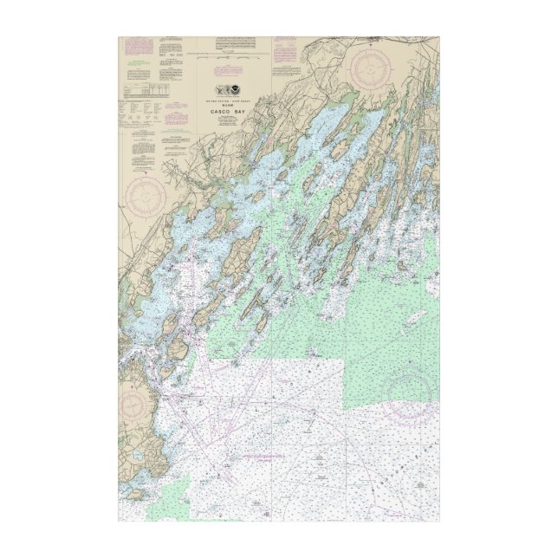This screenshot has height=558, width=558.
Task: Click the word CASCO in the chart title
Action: (217, 112)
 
